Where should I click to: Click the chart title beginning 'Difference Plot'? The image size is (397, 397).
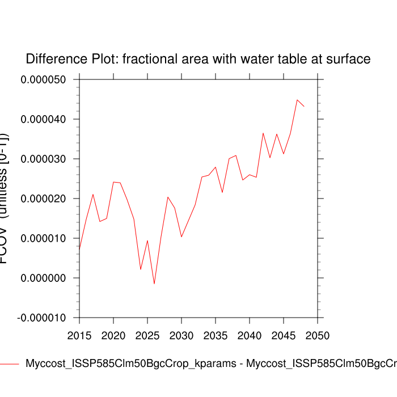point(198,59)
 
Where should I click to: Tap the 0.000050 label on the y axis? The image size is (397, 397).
point(44,80)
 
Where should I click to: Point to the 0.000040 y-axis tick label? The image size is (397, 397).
point(44,120)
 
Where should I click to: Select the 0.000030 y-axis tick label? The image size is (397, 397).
point(44,159)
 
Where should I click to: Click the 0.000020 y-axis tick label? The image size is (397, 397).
point(44,199)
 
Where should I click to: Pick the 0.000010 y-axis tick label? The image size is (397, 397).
point(44,239)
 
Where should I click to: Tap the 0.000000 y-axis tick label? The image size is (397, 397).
point(44,278)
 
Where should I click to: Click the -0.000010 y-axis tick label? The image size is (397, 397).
point(42,318)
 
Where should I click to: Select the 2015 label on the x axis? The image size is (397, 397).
point(79,335)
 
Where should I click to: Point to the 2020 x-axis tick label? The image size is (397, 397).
point(113,335)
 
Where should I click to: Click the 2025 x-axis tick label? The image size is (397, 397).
point(147,335)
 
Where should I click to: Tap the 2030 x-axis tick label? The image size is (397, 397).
point(181,335)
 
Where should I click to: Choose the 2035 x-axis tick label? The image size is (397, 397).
point(216,335)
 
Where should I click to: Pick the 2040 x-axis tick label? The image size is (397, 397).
point(250,335)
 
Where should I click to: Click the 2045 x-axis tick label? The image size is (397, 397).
point(284,335)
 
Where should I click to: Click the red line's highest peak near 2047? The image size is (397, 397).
point(297,100)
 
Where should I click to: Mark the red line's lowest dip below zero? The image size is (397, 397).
point(154,284)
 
